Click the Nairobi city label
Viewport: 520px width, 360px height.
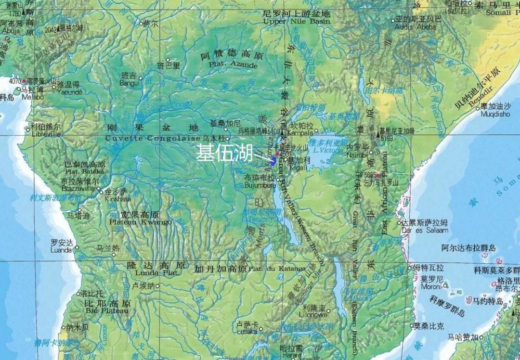pyautogui.click(x=357, y=155)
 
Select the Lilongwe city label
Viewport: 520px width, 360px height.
pyautogui.click(x=314, y=315)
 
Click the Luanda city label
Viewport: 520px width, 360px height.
pyautogui.click(x=61, y=250)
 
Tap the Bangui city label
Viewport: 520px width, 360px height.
pyautogui.click(x=129, y=83)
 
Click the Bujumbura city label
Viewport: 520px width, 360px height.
pyautogui.click(x=260, y=185)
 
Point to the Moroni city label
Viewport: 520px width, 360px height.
pyautogui.click(x=431, y=286)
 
